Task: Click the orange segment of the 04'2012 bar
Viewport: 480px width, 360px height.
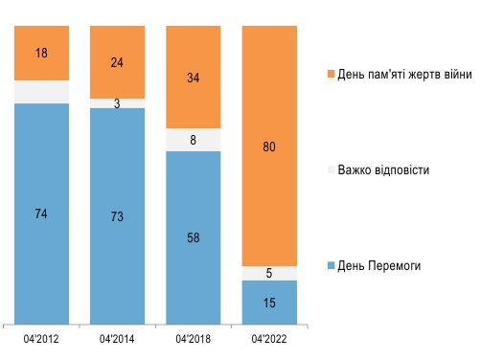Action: pos(42,53)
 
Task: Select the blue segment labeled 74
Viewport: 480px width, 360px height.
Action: pos(42,213)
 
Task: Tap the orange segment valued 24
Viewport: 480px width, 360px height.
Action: pos(117,61)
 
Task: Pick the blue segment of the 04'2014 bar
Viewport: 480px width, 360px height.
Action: pos(117,215)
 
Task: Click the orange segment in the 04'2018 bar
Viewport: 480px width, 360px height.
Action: pos(194,77)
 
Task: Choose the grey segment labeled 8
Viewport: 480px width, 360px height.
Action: pos(194,140)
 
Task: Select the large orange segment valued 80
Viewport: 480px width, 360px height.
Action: pos(269,146)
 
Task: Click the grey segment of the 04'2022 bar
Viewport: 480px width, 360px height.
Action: pos(269,273)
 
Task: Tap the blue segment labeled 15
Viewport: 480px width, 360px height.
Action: pos(269,303)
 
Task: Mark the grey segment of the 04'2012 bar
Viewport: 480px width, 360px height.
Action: pos(42,91)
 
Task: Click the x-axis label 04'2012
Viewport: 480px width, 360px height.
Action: pos(42,338)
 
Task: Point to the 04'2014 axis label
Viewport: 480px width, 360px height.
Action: pos(117,338)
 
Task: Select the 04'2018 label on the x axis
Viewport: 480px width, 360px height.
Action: pos(194,338)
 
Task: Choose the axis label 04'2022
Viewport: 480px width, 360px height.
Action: pos(269,338)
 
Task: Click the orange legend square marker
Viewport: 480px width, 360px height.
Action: pos(331,74)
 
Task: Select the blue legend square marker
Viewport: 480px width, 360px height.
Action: pos(331,265)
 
